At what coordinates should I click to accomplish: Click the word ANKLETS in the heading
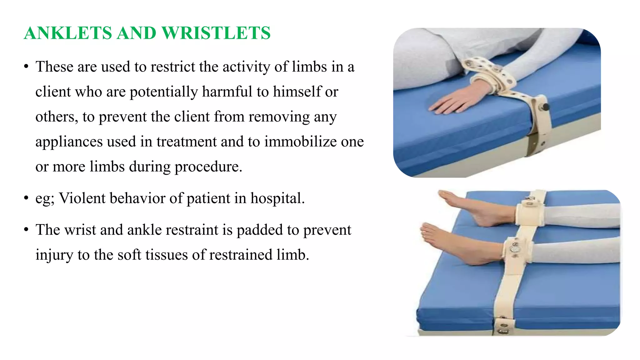click(x=68, y=33)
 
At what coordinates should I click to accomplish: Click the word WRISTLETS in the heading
click(x=216, y=33)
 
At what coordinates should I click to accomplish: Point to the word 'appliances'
click(x=69, y=142)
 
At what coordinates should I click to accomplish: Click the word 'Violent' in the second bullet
click(x=82, y=198)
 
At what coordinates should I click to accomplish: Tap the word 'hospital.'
click(x=277, y=198)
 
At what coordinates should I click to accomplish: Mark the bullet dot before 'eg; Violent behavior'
click(x=26, y=198)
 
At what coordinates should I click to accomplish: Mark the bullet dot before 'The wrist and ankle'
click(x=26, y=230)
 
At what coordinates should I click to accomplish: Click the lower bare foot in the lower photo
click(x=456, y=244)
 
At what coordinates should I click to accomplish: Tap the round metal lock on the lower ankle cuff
click(x=513, y=249)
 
